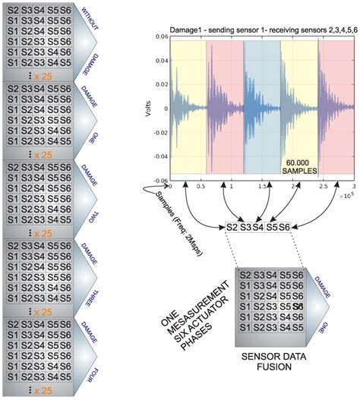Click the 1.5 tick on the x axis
coord(263,186)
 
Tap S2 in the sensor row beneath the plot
coord(234,227)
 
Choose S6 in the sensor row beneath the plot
coord(284,227)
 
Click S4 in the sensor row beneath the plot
coord(258,227)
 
